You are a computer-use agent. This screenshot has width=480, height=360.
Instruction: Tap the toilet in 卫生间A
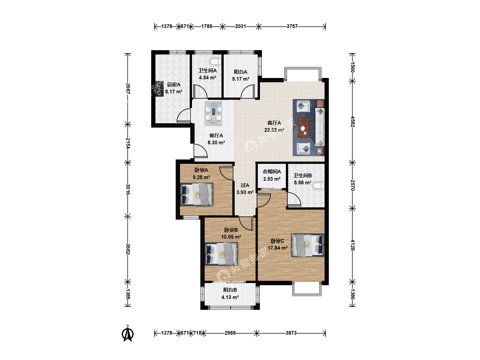tap(215, 62)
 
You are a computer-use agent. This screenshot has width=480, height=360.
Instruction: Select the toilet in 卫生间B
tap(319, 186)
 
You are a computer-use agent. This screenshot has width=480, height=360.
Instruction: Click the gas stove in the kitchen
tap(159, 89)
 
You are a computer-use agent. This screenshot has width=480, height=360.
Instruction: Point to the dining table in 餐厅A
tap(213, 113)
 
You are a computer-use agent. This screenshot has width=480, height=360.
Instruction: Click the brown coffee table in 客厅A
tap(304, 128)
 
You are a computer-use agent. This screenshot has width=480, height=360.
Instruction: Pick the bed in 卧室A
tap(197, 195)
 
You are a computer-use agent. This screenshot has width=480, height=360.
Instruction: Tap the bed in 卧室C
tap(308, 245)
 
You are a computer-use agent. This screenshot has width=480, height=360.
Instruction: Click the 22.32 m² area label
tap(274, 130)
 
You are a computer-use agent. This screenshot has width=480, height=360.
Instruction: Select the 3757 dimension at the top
tap(292, 26)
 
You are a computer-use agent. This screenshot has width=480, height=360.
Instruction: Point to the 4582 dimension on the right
tap(352, 122)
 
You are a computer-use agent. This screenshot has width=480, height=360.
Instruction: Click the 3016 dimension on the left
tap(128, 189)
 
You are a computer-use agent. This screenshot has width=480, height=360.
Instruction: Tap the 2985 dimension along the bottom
tap(230, 333)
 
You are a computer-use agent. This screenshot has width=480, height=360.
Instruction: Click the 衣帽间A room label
tap(272, 172)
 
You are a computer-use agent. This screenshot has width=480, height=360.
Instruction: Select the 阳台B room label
tap(230, 290)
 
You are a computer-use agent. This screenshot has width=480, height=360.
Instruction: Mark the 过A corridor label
tap(245, 185)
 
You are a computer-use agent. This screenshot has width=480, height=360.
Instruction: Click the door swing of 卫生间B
tap(294, 199)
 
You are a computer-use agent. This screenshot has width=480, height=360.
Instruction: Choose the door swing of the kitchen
tap(184, 115)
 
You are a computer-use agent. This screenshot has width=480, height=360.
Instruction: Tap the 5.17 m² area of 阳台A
tap(241, 79)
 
